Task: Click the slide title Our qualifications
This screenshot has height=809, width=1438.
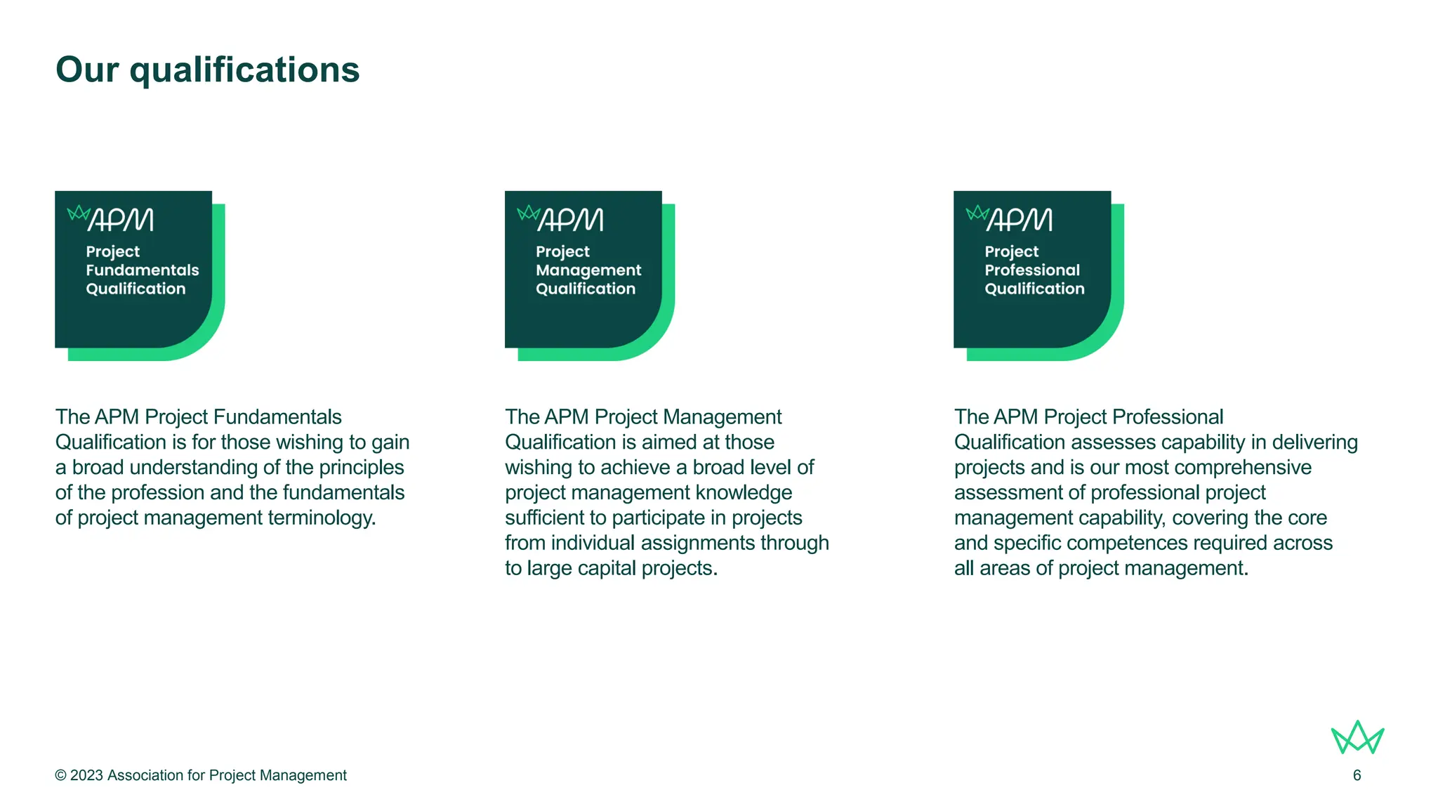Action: point(207,70)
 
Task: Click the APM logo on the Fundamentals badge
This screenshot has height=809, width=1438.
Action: point(111,219)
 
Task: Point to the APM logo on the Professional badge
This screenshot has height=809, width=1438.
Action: point(1010,219)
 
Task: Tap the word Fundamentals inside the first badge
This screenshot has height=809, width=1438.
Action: point(143,270)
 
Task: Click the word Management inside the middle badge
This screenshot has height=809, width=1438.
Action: point(588,270)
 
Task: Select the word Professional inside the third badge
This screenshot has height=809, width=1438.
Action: point(1032,270)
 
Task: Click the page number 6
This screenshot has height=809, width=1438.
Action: point(1357,775)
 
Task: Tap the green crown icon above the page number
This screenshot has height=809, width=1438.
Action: point(1357,738)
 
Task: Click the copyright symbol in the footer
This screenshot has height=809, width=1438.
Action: point(61,775)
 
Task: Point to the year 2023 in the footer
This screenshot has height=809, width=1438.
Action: point(86,775)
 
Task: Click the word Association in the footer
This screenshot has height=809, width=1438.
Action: point(145,775)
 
